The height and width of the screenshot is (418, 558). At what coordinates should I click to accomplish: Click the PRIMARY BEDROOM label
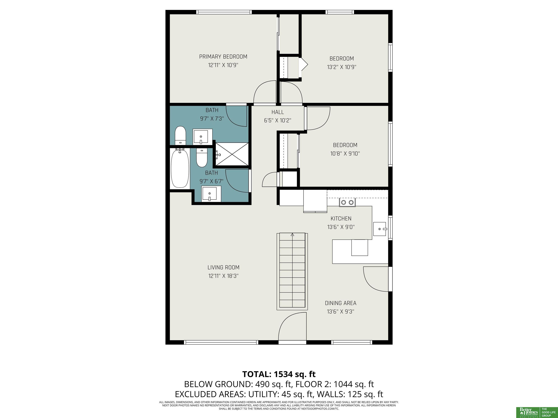click(223, 57)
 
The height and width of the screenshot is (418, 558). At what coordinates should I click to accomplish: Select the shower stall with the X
click(232, 154)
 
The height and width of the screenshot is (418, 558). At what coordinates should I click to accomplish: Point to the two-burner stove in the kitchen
click(347, 202)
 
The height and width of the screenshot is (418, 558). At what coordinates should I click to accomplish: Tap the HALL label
click(278, 112)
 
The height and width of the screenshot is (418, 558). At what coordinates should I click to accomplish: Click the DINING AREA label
click(341, 303)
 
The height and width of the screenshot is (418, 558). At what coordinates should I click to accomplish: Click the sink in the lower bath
click(211, 194)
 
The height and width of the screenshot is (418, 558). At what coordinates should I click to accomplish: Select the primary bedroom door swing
click(265, 92)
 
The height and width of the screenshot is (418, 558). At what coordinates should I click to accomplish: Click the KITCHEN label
click(341, 218)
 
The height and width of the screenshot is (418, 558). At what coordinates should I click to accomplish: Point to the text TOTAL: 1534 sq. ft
click(279, 374)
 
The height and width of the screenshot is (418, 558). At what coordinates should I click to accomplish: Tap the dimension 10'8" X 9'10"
click(345, 153)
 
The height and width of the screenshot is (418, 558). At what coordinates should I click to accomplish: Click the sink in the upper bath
click(203, 137)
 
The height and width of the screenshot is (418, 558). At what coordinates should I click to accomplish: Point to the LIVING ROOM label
click(223, 267)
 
